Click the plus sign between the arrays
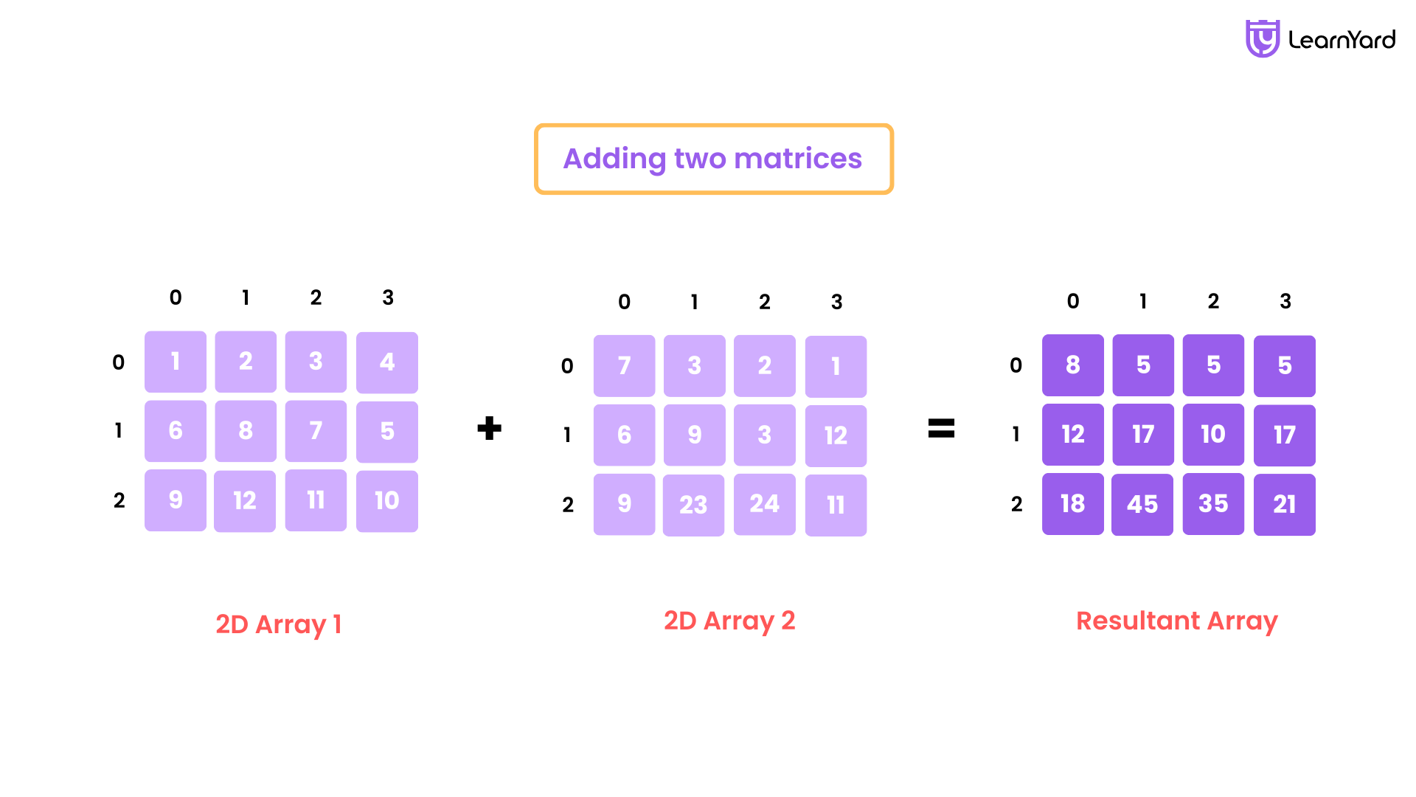coord(489,428)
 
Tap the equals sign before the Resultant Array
coord(941,428)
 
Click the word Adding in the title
coord(614,159)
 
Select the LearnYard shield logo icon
coord(1263,38)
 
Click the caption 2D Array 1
coord(279,624)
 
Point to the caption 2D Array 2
coord(729,621)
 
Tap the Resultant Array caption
coord(1177,621)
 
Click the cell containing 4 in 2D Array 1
coord(387,362)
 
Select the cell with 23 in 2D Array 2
coord(693,505)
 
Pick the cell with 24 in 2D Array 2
coord(765,504)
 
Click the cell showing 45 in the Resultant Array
coord(1142,505)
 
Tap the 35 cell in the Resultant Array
coord(1213,504)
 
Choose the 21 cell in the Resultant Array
coord(1285,505)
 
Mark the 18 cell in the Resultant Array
coord(1073,504)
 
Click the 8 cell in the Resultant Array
coord(1073,365)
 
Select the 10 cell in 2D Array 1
coord(387,501)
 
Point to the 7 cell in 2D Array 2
coord(624,366)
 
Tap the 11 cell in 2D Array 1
coord(316,500)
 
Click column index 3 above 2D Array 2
coord(836,302)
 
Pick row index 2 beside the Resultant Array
coord(1017,504)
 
